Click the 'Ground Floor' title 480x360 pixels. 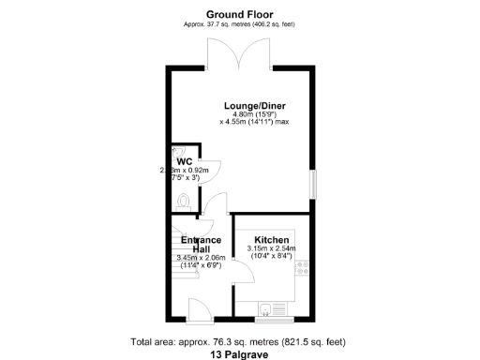240,14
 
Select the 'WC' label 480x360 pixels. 180,159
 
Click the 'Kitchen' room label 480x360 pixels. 271,239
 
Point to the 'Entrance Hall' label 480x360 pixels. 194,244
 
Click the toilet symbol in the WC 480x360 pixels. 183,199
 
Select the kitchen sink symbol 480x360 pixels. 269,306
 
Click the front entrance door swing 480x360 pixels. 199,307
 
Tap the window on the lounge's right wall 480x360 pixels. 314,184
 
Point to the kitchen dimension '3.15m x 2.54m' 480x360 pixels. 270,248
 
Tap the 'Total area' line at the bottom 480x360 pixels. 240,342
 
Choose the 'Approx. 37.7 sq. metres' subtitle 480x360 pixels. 240,23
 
